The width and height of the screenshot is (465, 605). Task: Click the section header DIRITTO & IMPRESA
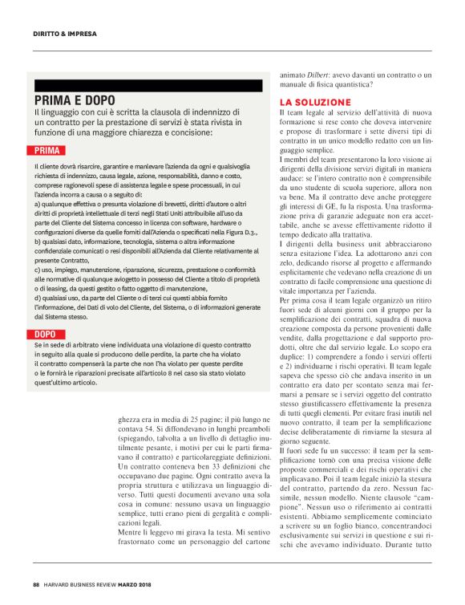pos(65,35)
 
